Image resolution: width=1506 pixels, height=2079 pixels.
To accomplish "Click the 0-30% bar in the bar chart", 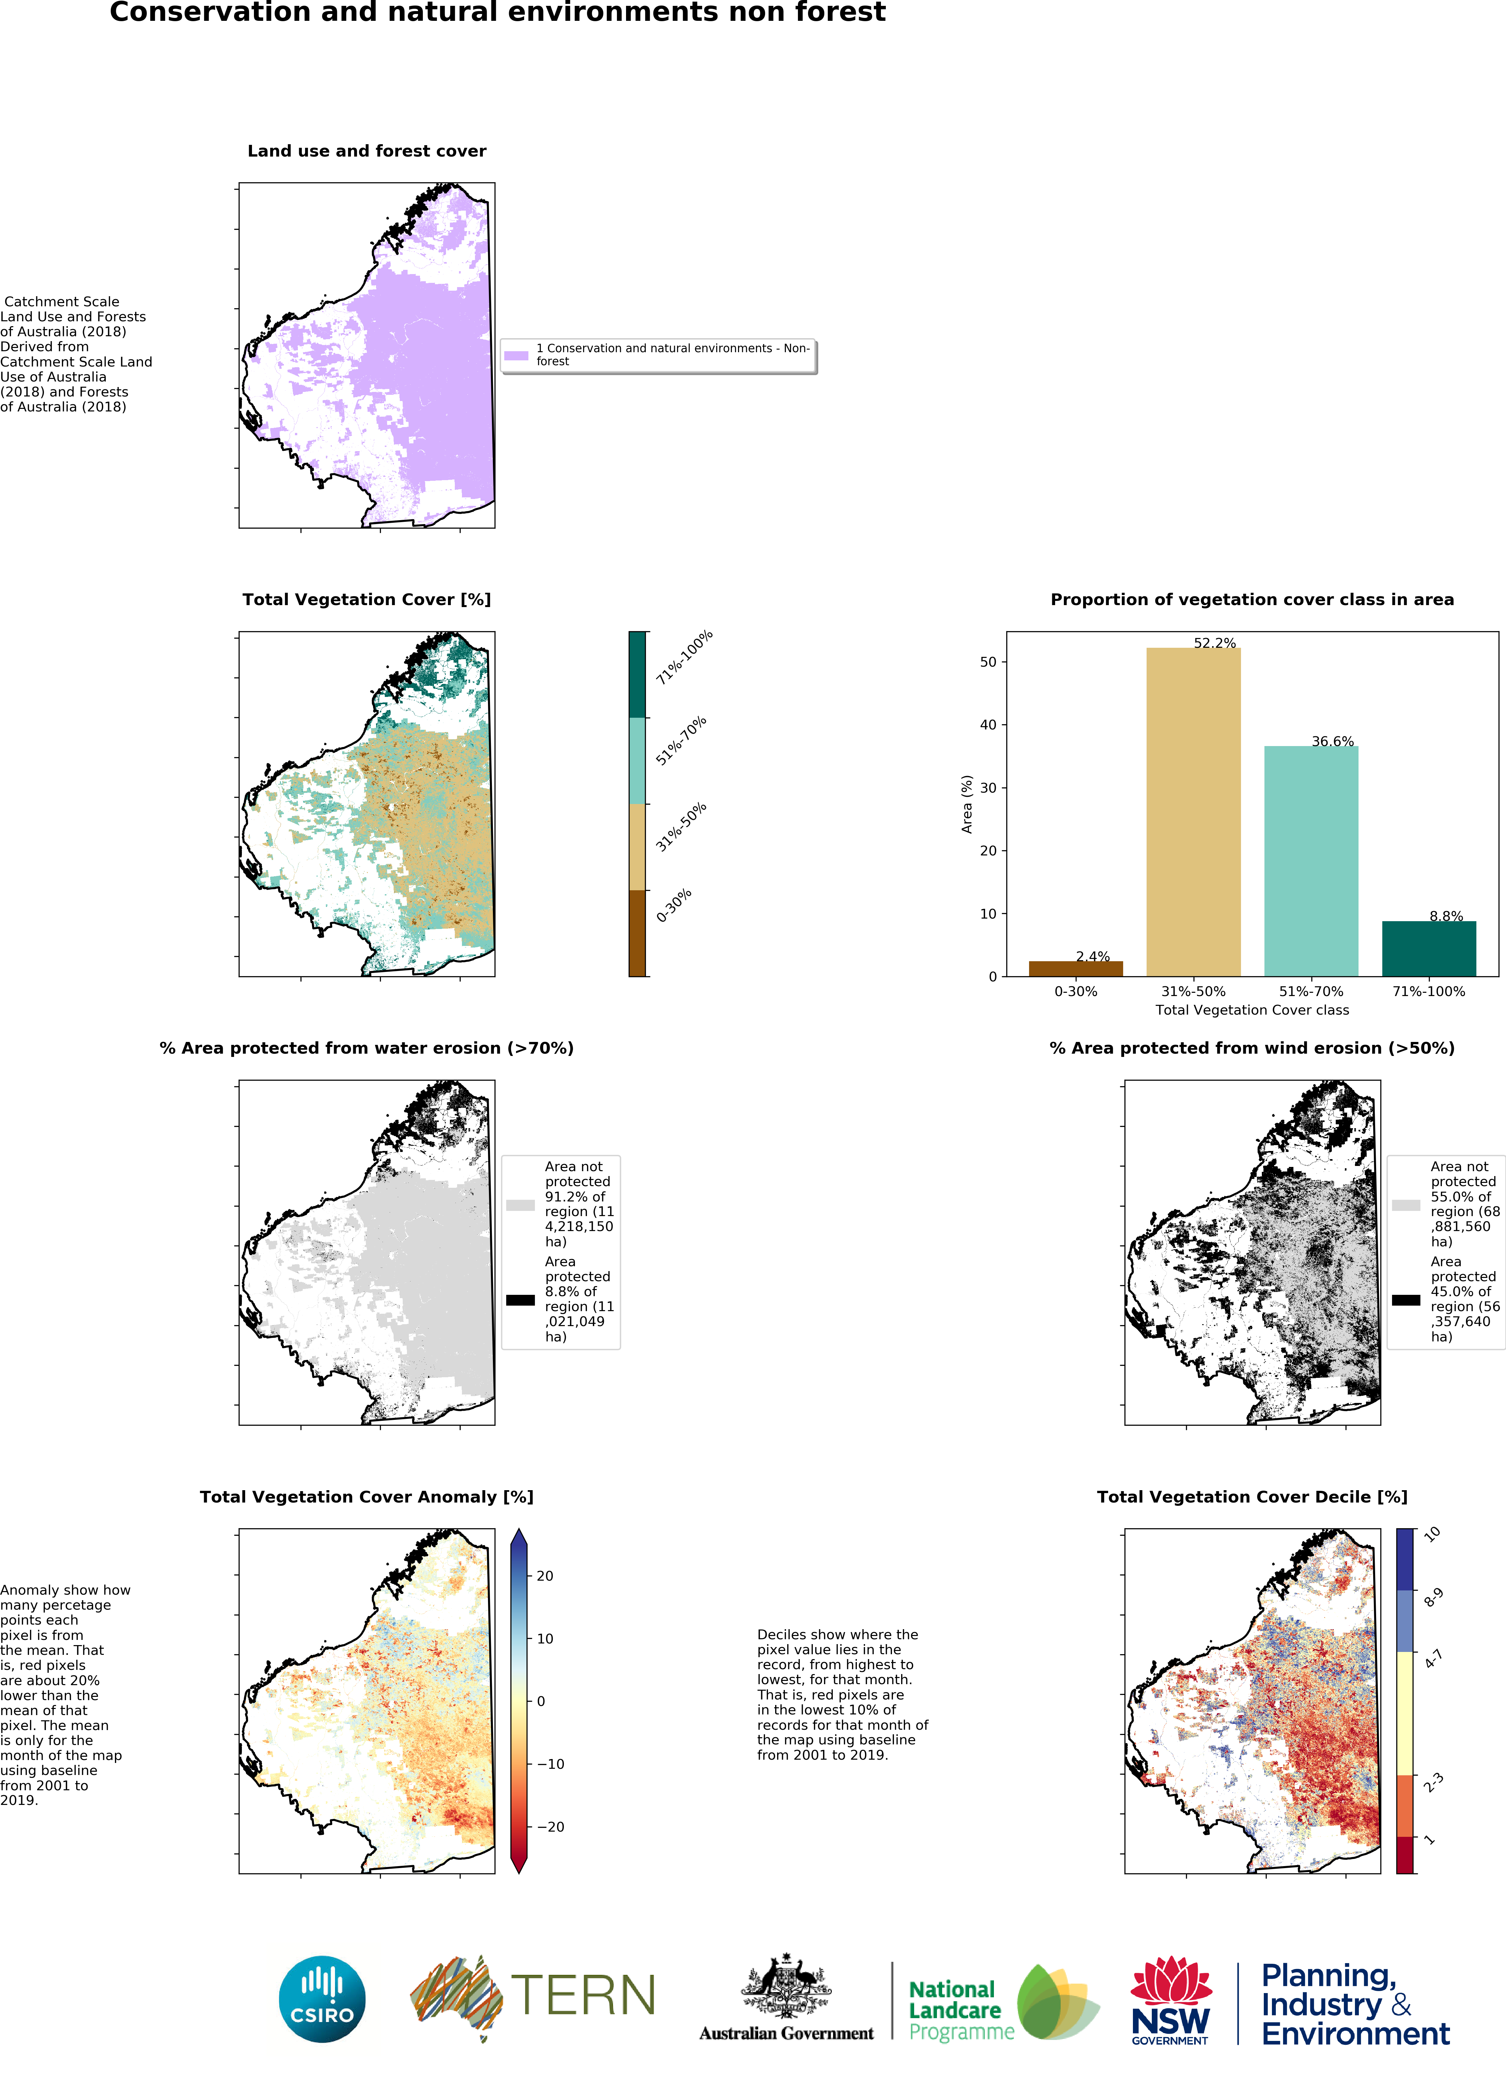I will (1075, 969).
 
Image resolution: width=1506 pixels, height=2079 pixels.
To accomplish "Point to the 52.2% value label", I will (1215, 644).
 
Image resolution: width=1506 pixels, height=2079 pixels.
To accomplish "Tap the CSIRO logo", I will (322, 1999).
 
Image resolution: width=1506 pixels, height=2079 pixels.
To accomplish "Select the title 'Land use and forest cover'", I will (367, 151).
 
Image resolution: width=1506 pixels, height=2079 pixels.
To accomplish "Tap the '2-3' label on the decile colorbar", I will (1433, 1783).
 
